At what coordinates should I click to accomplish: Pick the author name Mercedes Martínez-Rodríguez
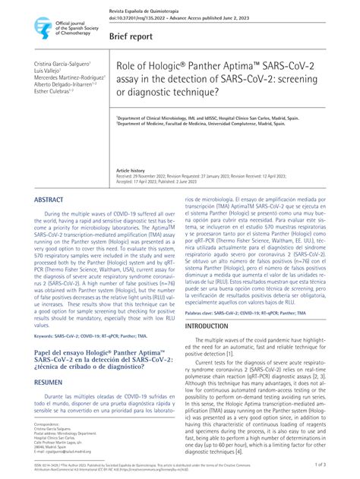click(x=68, y=78)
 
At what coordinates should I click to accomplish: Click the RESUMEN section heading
click(x=50, y=383)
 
